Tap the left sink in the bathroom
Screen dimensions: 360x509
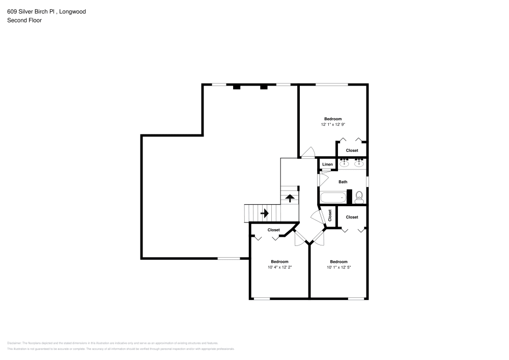[x=345, y=163]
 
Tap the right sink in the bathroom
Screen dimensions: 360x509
[x=359, y=163]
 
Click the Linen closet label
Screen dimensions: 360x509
[x=327, y=164]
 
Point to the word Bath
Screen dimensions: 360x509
[x=343, y=182]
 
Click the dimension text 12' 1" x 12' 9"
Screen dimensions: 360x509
[x=333, y=124]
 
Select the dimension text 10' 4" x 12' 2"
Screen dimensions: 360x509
[x=279, y=267]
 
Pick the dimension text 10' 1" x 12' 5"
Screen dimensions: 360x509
[x=338, y=267]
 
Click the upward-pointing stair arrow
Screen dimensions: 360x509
[x=290, y=198]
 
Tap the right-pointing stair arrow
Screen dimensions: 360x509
[x=264, y=213]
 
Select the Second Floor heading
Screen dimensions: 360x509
[x=24, y=20]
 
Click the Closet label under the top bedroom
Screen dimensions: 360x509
[x=352, y=151]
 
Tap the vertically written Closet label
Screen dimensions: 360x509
[x=330, y=216]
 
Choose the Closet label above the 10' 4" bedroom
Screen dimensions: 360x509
[x=274, y=230]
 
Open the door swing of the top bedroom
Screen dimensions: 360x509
[x=308, y=152]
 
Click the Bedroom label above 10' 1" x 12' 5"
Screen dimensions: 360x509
[x=338, y=262]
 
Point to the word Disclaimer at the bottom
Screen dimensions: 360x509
[x=14, y=343]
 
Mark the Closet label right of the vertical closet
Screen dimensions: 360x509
[x=352, y=217]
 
